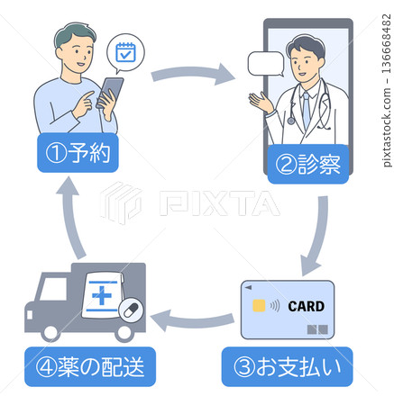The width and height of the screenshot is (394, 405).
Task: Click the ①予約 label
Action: tap(78, 154)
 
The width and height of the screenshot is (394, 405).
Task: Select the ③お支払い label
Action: tap(287, 366)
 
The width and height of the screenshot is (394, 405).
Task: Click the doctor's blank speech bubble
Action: tap(265, 65)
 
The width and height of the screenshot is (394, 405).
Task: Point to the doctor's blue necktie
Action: tap(306, 108)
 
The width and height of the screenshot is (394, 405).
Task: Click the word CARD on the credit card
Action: tap(306, 305)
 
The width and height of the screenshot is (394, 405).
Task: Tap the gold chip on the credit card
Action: tap(259, 305)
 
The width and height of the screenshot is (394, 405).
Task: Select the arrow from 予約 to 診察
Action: tap(192, 72)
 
